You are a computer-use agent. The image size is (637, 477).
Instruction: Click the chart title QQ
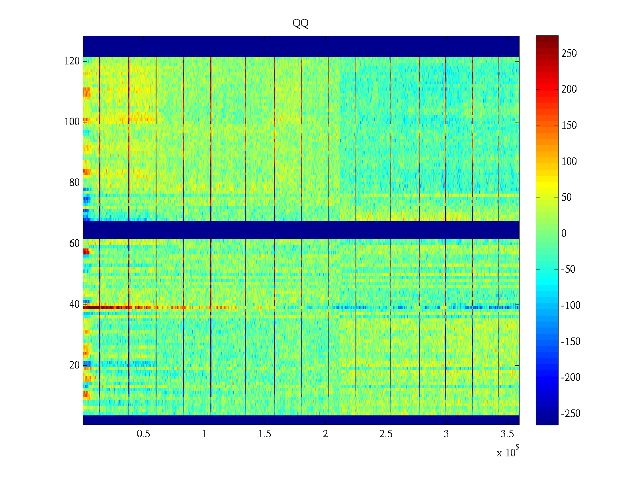click(301, 24)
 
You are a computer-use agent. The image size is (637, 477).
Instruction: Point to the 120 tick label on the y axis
click(72, 61)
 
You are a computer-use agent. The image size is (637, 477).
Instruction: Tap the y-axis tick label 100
click(72, 122)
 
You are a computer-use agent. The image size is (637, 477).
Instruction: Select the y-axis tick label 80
click(74, 183)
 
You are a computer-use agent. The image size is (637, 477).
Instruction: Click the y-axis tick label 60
click(74, 244)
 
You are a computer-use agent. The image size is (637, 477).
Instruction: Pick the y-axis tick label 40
click(74, 304)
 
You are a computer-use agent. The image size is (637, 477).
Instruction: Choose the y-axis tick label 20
click(74, 365)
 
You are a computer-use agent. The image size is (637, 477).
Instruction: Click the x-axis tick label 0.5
click(143, 434)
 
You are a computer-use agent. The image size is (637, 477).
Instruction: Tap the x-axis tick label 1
click(204, 434)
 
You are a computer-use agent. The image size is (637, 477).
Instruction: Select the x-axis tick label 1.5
click(265, 434)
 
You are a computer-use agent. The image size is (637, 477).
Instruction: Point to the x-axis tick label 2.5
click(386, 434)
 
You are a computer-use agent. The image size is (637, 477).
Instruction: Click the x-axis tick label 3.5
click(507, 434)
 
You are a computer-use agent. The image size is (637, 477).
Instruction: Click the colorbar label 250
click(569, 54)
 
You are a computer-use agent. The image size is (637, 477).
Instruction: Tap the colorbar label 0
click(564, 234)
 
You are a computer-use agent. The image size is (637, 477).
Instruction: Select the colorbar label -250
click(571, 414)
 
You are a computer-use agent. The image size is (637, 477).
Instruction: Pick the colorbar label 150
click(569, 126)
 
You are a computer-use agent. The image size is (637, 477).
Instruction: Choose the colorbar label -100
click(571, 306)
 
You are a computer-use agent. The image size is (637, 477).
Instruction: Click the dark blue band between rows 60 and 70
click(301, 230)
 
